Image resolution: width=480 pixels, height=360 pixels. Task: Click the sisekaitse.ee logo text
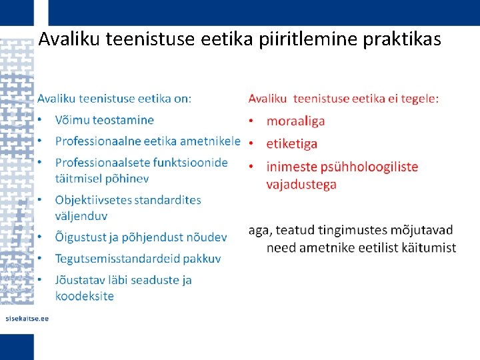[x=27, y=319]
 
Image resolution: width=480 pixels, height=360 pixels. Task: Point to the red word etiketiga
[x=292, y=143]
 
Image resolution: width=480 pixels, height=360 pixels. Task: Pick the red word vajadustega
[x=301, y=184]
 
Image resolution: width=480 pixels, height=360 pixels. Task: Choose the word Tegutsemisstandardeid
[x=119, y=258]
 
